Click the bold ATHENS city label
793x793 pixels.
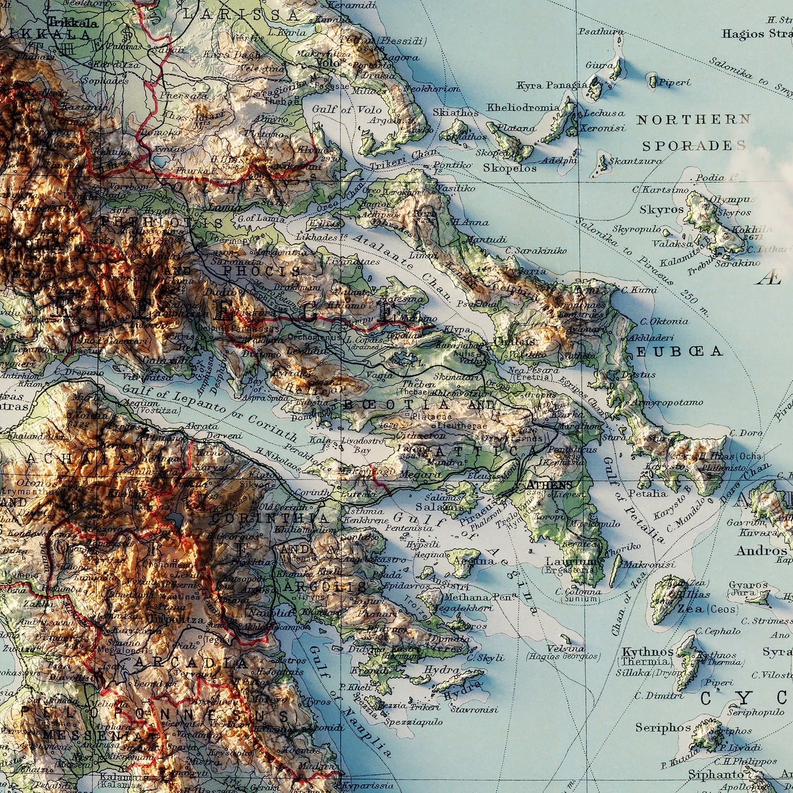click(x=549, y=485)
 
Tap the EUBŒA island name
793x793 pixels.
click(x=679, y=351)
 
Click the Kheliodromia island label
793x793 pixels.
click(x=523, y=108)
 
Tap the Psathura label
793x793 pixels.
click(x=601, y=32)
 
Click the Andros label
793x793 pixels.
click(x=761, y=550)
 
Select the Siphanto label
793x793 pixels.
click(x=716, y=774)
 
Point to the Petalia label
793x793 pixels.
click(x=648, y=493)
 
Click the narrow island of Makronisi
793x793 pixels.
click(x=616, y=571)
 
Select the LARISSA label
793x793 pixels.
click(x=241, y=15)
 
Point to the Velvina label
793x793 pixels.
click(x=566, y=648)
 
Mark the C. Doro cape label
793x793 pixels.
click(x=746, y=433)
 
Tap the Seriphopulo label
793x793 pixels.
click(x=756, y=712)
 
